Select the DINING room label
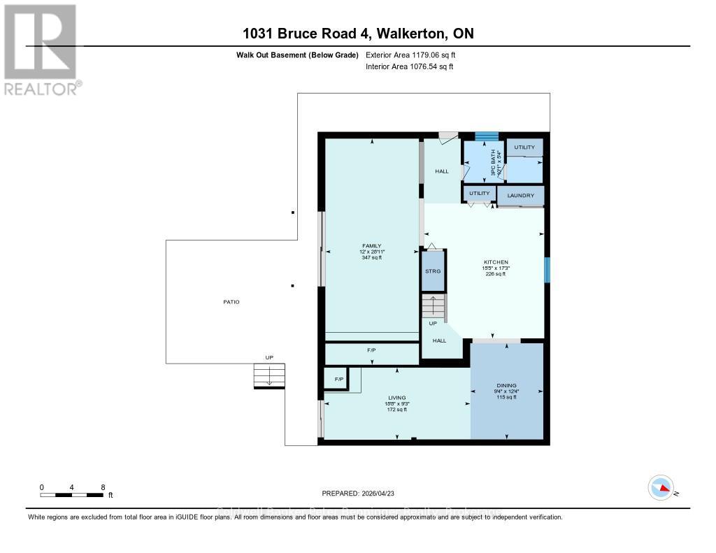point(506,385)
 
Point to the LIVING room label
point(397,398)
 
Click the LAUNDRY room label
point(521,196)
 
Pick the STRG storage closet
point(433,271)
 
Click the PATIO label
point(231,302)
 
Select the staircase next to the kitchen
point(433,306)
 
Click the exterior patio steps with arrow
point(269,376)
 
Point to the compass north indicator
point(661,487)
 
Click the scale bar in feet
point(73,495)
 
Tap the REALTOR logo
point(41,49)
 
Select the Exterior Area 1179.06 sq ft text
point(410,55)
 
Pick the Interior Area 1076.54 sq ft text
point(410,66)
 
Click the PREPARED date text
point(357,492)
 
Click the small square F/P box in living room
point(339,379)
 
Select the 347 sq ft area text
point(371,258)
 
